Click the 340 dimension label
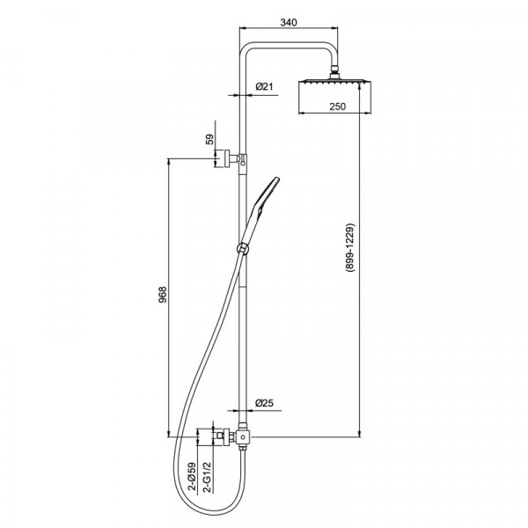[289, 23]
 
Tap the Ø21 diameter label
[264, 87]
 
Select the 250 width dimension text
[337, 106]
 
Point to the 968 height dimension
[163, 295]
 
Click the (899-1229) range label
[350, 247]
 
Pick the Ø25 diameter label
[264, 403]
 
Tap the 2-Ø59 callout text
[192, 476]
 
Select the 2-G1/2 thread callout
[208, 477]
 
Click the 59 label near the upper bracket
[209, 139]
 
